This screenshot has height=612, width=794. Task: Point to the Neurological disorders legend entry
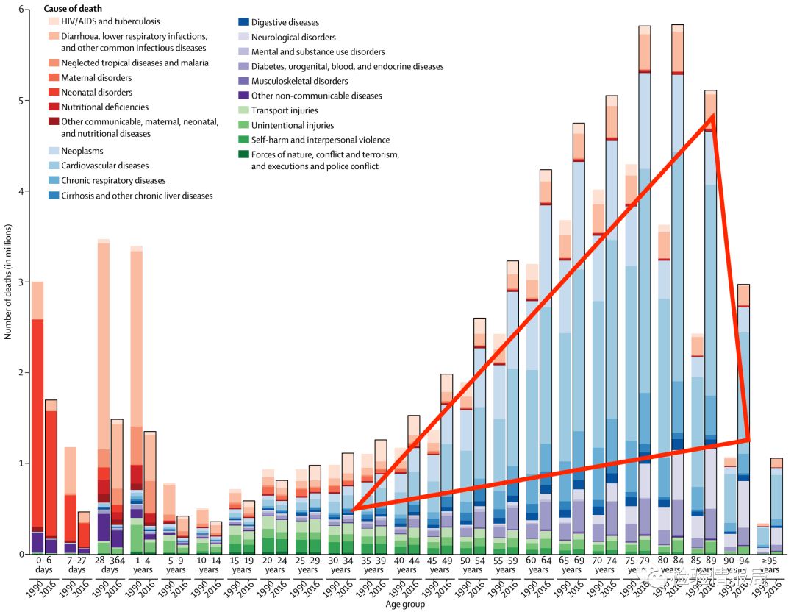pyautogui.click(x=293, y=38)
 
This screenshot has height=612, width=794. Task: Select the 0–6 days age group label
pyautogui.click(x=43, y=565)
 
